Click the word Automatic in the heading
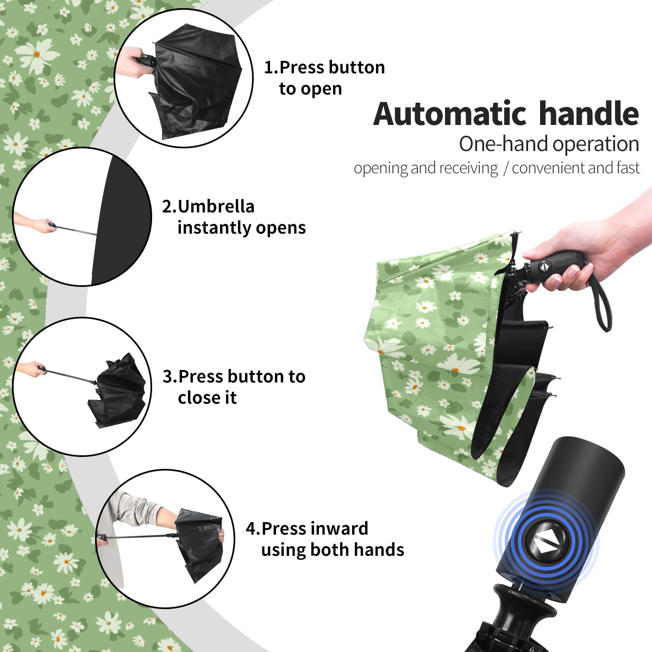click(x=450, y=114)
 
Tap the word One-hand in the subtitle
click(x=504, y=144)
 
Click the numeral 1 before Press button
click(x=268, y=67)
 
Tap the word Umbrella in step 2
click(x=216, y=206)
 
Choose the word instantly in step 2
click(x=215, y=227)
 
